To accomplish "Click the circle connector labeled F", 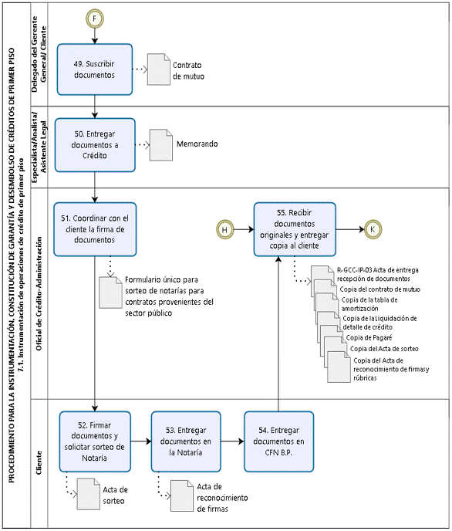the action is click(94, 19).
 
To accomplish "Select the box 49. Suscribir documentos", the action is click(95, 69).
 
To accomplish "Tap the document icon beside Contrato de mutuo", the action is click(159, 69).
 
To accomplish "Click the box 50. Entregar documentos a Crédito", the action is click(95, 145).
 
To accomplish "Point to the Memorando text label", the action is click(197, 144).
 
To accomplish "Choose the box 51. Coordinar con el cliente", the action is click(95, 229).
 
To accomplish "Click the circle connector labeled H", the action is click(225, 229).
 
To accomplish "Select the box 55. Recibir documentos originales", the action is click(295, 229).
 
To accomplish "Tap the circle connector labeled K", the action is click(373, 229).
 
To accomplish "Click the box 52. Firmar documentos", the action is click(95, 441).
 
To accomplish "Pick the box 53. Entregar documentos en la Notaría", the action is click(186, 441).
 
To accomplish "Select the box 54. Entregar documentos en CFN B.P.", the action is click(278, 441).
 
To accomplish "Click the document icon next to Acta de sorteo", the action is click(88, 494).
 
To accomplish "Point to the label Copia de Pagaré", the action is click(369, 337).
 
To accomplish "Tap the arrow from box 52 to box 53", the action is click(141, 441).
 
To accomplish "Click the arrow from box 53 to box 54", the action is click(232, 441).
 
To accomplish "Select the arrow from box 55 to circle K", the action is click(350, 229).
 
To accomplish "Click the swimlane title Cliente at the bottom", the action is click(39, 462).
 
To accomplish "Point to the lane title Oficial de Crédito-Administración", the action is click(39, 293).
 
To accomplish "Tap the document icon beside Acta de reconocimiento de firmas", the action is click(182, 495).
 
